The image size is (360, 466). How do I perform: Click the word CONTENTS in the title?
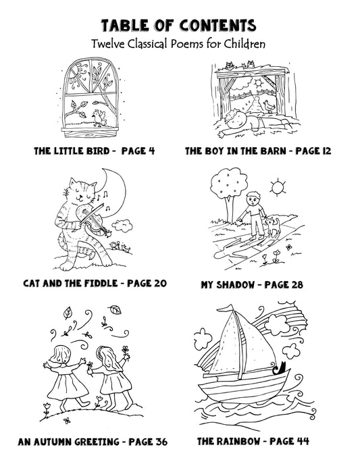click(217, 26)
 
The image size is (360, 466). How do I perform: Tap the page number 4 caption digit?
click(151, 151)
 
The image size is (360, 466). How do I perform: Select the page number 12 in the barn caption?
click(326, 151)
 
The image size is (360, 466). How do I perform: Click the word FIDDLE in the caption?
click(101, 283)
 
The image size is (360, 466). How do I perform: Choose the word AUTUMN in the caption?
click(53, 442)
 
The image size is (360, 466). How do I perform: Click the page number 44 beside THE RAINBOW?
click(303, 441)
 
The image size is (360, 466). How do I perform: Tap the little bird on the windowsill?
click(99, 118)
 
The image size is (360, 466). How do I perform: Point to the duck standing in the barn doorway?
click(269, 106)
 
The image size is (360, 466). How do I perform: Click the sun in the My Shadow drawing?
click(278, 187)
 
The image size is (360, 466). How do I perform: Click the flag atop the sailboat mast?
click(228, 309)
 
